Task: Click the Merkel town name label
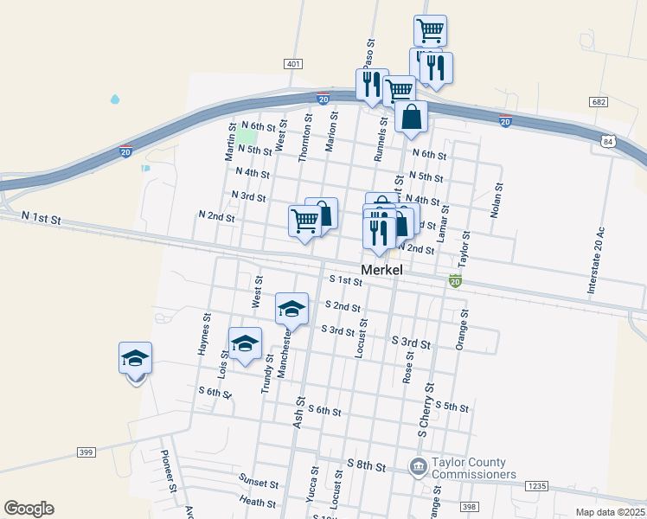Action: click(x=386, y=270)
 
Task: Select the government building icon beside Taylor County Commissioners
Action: click(x=418, y=468)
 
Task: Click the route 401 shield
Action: click(x=293, y=64)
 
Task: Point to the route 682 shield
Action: click(x=599, y=102)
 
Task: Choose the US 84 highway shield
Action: click(x=610, y=141)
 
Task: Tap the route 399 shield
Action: click(x=85, y=452)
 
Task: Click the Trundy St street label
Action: click(x=266, y=374)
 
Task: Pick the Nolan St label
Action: click(x=496, y=200)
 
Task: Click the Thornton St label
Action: click(x=304, y=137)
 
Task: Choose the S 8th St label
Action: click(x=366, y=466)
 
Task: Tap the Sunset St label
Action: click(x=259, y=484)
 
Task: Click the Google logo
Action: click(x=29, y=509)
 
